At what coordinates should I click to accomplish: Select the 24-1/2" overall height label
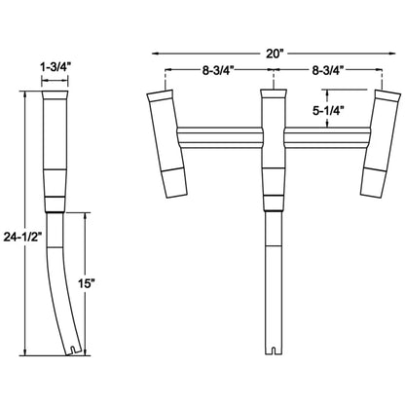tap(21, 235)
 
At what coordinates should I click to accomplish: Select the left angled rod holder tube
tap(166, 142)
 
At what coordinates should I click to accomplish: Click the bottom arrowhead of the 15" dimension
tap(85, 351)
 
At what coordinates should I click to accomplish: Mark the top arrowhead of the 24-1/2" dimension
tap(21, 92)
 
